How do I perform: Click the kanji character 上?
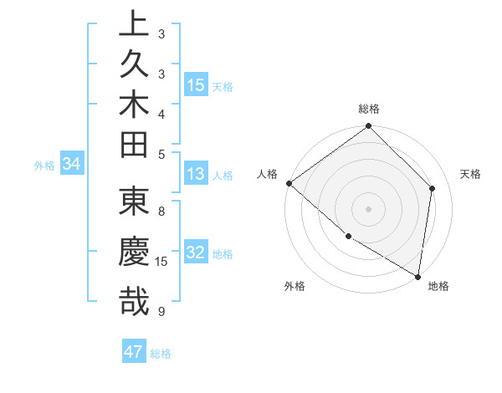(134, 23)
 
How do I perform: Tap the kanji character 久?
(134, 64)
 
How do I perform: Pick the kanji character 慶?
(134, 253)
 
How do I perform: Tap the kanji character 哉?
(134, 301)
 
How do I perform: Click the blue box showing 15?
(196, 84)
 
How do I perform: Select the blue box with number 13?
(196, 174)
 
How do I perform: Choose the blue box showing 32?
(196, 253)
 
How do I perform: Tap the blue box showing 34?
(72, 165)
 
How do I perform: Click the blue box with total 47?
(134, 352)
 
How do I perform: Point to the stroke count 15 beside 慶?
(162, 262)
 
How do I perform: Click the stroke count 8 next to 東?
(161, 212)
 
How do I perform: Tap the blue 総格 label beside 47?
(161, 354)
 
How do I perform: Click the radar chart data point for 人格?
(289, 183)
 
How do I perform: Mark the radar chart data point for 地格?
(417, 276)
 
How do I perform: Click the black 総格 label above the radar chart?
(369, 109)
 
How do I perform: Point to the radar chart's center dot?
(368, 208)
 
